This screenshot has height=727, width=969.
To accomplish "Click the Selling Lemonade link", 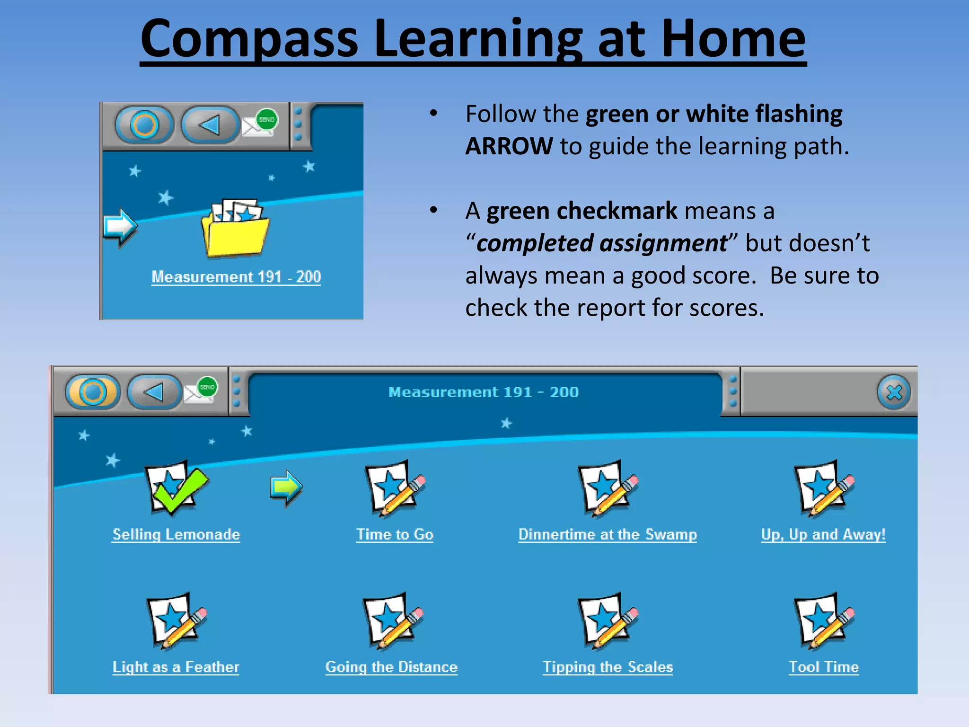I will tap(176, 534).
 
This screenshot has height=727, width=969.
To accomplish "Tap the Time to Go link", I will tap(395, 534).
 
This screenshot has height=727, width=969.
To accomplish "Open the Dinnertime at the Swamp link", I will tap(608, 534).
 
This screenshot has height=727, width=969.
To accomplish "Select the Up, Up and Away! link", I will tap(823, 534).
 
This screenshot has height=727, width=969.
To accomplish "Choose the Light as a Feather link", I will tap(176, 667).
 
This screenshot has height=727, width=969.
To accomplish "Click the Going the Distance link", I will tap(391, 667).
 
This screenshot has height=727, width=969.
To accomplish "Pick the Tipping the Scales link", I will tap(608, 667).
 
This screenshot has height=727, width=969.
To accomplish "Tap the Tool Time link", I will tap(824, 667).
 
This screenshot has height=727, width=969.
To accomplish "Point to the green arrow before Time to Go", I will tap(286, 488).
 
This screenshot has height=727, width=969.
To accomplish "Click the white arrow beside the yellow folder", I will tap(120, 227).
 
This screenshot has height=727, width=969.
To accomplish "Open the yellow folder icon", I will tap(235, 230).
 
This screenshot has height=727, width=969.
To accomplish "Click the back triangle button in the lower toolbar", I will tap(154, 392).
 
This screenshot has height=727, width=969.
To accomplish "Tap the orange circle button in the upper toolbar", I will tap(144, 125).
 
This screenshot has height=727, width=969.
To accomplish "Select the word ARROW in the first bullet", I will tap(509, 146).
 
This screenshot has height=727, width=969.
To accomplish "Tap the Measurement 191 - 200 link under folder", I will tap(236, 277).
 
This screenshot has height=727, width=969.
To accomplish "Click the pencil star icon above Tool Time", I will tap(824, 621).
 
